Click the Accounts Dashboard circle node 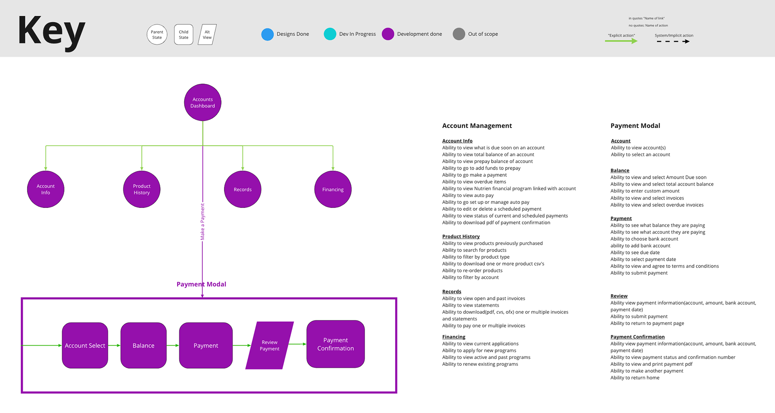point(203,103)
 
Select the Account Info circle point(46,189)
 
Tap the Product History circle point(142,189)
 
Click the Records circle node point(243,189)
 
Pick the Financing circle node point(333,189)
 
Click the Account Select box point(85,346)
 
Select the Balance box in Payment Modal point(143,346)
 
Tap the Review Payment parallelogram point(269,346)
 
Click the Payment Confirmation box point(335,344)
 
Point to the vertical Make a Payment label point(203,222)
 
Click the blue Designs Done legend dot point(267,34)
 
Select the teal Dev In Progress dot point(330,34)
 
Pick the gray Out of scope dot point(459,34)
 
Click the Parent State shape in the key point(157,35)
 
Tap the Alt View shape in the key point(207,35)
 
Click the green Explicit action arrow point(621,41)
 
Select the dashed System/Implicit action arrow point(673,42)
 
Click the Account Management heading point(477,126)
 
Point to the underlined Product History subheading point(461,237)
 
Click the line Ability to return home point(635,378)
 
